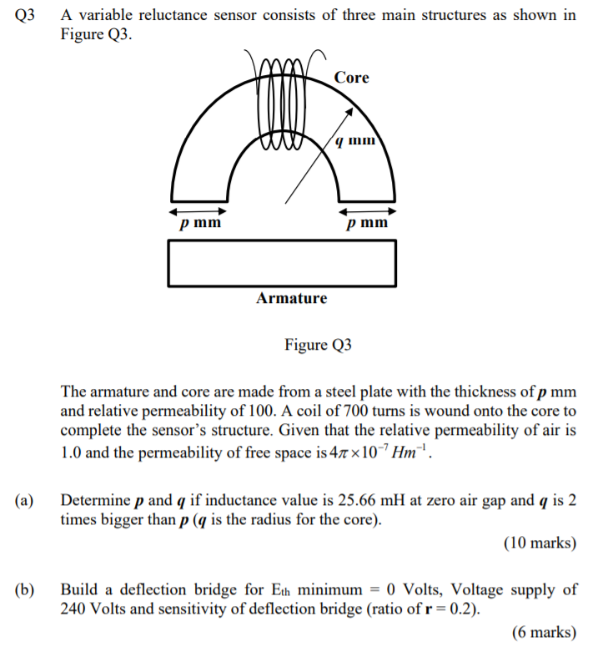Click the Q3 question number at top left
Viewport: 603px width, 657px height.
(26, 16)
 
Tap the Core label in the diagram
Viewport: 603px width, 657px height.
(351, 78)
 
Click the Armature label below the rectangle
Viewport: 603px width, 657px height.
(292, 298)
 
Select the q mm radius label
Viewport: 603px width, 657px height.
(355, 140)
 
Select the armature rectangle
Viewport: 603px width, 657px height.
(282, 263)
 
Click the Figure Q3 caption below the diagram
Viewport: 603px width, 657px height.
(318, 344)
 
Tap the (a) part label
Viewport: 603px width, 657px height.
(24, 501)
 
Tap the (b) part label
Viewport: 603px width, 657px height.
(24, 589)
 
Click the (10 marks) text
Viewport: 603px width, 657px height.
(540, 543)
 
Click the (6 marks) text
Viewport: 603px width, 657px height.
(544, 632)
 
